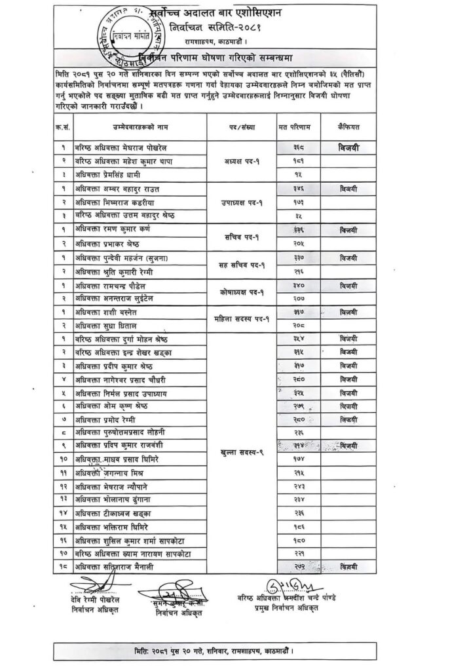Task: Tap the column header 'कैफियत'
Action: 350,125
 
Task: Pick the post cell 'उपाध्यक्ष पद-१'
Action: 242,202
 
